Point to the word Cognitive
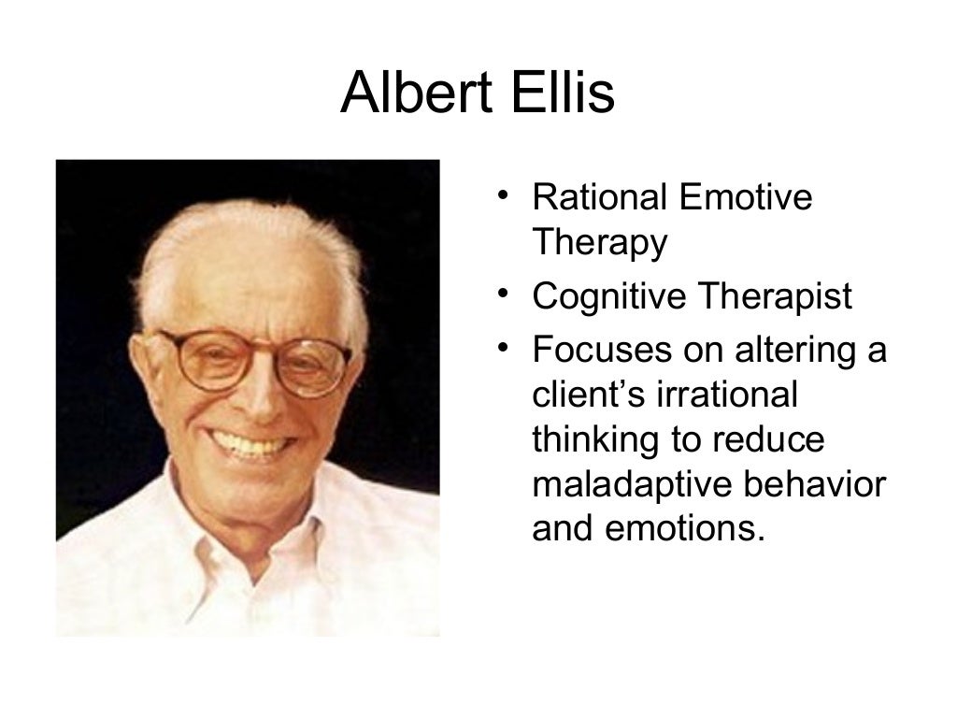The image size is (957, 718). click(608, 297)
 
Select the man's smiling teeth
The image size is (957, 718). click(248, 443)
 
